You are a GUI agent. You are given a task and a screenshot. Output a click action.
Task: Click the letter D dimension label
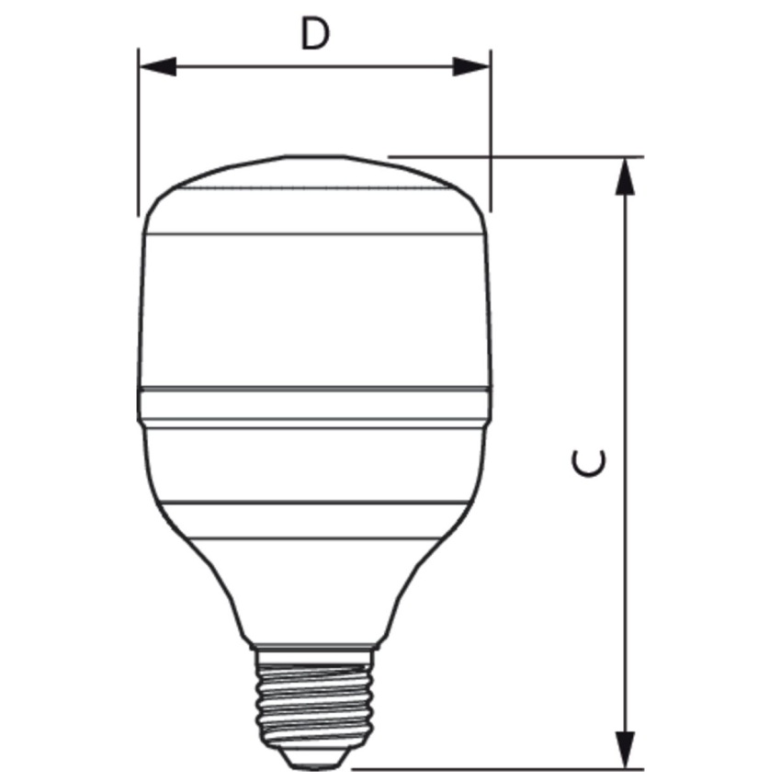tap(315, 33)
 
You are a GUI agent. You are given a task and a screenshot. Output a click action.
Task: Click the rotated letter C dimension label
tap(589, 463)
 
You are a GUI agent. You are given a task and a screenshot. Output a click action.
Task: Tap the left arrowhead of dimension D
tap(157, 66)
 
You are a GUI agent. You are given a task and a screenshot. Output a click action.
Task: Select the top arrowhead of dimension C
tap(625, 175)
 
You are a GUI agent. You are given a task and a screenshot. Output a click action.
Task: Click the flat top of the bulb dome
tap(315, 156)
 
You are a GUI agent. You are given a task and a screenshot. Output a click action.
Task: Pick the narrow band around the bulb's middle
tap(315, 404)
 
